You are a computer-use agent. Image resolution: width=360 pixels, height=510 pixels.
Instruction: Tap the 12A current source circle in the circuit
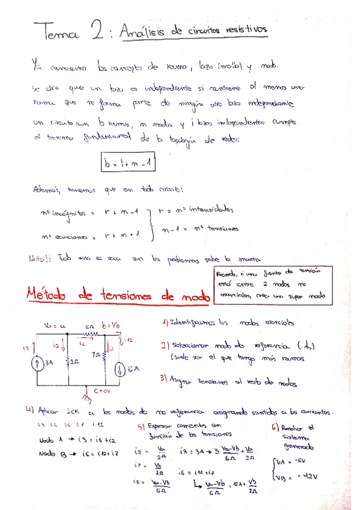[x=121, y=367]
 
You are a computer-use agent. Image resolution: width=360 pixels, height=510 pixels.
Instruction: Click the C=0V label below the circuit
[x=103, y=391]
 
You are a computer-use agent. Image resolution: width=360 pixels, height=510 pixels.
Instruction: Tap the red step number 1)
[x=166, y=322]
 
